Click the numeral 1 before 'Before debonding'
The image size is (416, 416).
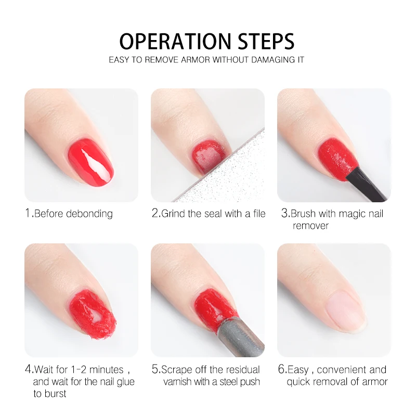pyautogui.click(x=28, y=213)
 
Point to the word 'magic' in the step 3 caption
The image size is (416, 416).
pyautogui.click(x=351, y=214)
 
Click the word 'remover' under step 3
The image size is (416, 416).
pyautogui.click(x=310, y=226)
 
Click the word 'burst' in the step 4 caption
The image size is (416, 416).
pyautogui.click(x=55, y=394)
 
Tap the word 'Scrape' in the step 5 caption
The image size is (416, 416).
pyautogui.click(x=177, y=370)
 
